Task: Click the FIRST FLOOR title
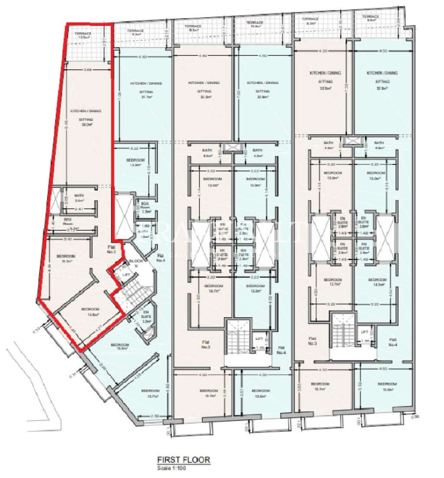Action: pos(183,460)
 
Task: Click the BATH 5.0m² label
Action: pos(78,198)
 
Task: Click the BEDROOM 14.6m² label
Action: pos(90,312)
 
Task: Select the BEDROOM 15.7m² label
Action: pos(150,393)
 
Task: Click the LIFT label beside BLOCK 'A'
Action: pos(126,275)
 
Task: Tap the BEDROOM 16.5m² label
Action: pos(68,258)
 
